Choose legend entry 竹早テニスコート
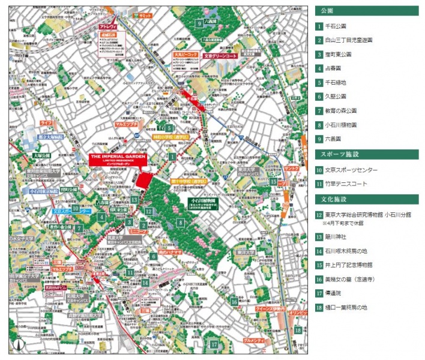click(x=348, y=184)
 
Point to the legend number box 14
click(x=319, y=251)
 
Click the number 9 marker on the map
click(x=199, y=23)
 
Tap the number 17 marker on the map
click(x=214, y=344)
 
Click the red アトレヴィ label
click(x=107, y=27)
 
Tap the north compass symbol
click(x=17, y=346)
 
